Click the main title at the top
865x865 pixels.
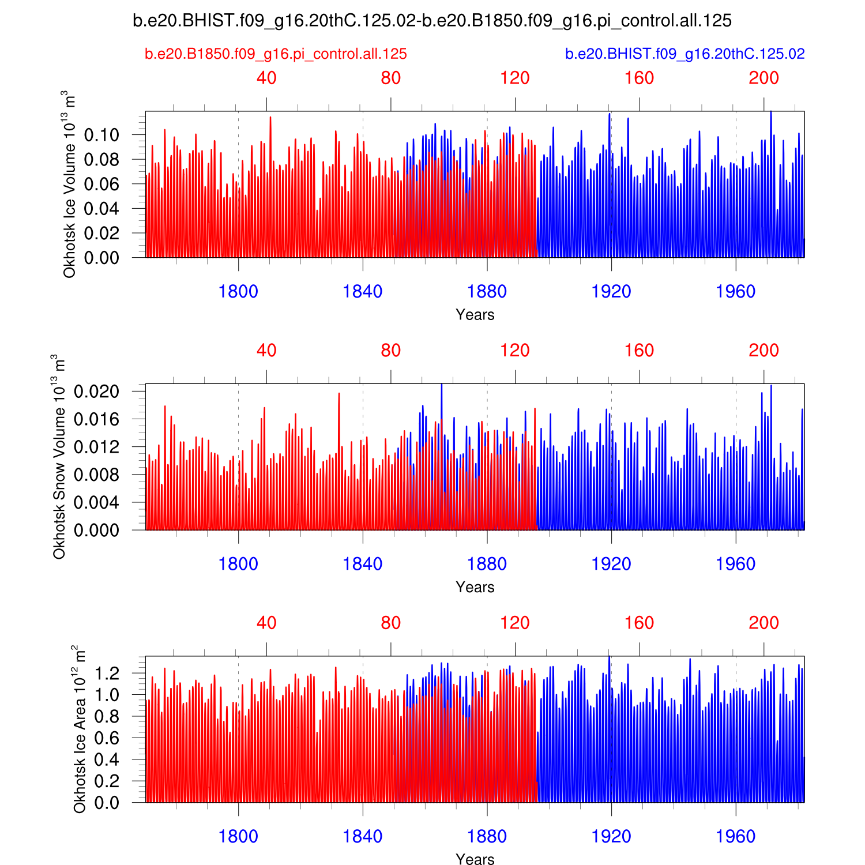point(432,21)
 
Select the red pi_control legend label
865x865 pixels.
point(276,54)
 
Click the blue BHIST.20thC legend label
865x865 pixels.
point(685,54)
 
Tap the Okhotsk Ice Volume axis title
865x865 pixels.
point(69,185)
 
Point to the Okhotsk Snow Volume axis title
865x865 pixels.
point(58,457)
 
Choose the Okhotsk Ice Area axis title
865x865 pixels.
point(79,729)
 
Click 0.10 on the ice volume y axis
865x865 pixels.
point(101,135)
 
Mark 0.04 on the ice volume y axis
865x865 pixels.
point(101,209)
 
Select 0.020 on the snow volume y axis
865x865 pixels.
point(96,392)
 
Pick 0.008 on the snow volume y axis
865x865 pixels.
point(96,475)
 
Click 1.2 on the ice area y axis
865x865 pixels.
point(107,673)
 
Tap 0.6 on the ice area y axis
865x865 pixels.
point(107,738)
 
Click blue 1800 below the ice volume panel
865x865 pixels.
point(238,292)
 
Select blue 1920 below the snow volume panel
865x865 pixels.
point(611,564)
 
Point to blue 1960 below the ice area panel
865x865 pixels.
point(735,837)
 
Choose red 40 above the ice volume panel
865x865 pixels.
point(266,78)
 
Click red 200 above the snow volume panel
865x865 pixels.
point(764,351)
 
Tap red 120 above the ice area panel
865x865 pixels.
point(515,623)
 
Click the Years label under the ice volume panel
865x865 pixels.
point(475,315)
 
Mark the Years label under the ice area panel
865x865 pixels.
point(475,859)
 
